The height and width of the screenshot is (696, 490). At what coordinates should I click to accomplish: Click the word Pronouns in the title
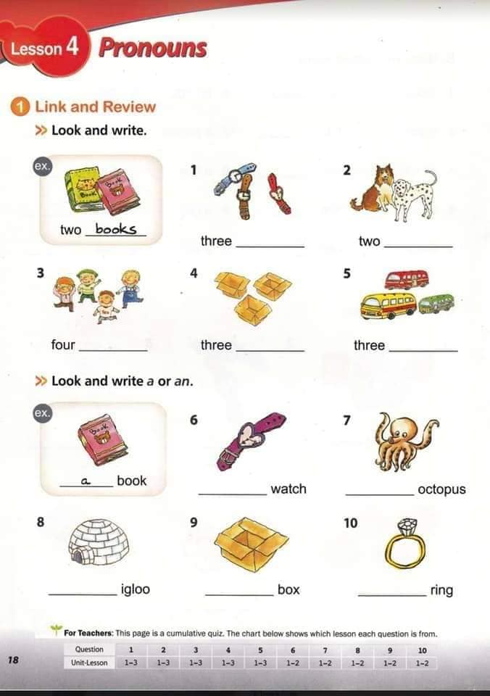[x=152, y=48]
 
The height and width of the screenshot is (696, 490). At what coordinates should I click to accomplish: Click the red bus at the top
[x=406, y=280]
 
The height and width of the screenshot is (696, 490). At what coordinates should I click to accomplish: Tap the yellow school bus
[x=389, y=305]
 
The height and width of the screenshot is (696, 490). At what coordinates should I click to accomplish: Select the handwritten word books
[x=115, y=229]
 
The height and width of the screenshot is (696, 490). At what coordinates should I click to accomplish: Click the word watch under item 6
[x=288, y=489]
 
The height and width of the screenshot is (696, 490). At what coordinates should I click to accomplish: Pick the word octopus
[x=441, y=489]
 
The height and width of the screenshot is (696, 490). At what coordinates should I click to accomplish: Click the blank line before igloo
[x=82, y=594]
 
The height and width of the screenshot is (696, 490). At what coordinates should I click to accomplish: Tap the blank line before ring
[x=391, y=594]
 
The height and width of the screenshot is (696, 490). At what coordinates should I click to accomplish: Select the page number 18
[x=13, y=660]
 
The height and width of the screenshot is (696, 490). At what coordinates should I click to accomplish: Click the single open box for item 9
[x=251, y=544]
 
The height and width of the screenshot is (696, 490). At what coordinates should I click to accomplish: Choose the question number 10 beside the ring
[x=350, y=523]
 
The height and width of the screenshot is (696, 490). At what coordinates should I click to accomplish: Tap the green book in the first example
[x=81, y=191]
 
